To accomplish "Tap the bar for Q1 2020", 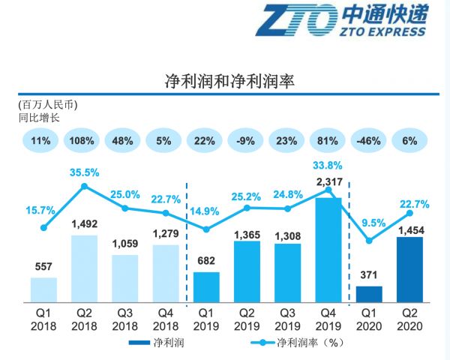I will [x=368, y=294].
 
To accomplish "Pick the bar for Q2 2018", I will [x=84, y=268].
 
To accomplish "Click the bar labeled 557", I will [x=43, y=289].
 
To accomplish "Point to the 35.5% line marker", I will [x=85, y=186].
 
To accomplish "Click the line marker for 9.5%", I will [x=368, y=241].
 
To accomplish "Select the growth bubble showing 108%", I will [x=84, y=141].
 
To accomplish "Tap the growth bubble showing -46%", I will [x=368, y=141].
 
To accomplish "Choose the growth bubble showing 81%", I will [x=328, y=141].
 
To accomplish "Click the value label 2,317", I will [x=328, y=181].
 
